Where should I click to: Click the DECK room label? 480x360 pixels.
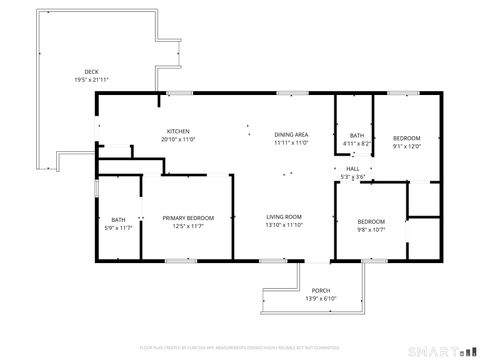point(91,71)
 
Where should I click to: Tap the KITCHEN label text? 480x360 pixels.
point(178,131)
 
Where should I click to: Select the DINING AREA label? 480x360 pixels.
point(291,134)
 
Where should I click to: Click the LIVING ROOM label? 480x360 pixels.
point(284,217)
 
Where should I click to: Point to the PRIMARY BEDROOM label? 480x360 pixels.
point(188,218)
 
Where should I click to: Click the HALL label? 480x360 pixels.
point(353,169)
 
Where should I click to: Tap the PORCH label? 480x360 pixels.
point(320,290)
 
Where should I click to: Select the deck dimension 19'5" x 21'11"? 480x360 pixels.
point(91,79)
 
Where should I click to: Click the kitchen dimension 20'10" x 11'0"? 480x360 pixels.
point(178,139)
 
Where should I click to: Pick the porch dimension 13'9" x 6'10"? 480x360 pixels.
point(320,298)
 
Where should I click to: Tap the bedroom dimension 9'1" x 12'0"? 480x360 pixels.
point(406,145)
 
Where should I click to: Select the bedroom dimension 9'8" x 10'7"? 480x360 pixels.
point(371,229)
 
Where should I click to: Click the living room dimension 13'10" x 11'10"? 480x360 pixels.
point(284,225)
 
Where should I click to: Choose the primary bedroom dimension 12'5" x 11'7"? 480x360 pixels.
point(188,227)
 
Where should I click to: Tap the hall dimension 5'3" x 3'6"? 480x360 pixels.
point(353,177)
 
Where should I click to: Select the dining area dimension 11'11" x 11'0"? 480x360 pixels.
point(291,142)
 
